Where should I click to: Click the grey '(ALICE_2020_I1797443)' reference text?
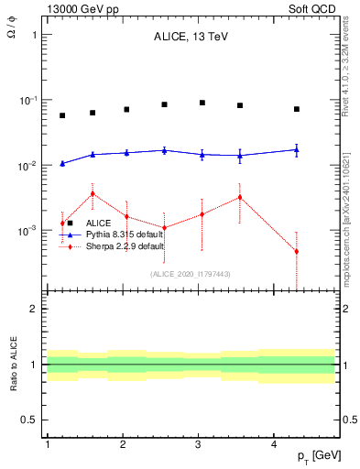click(x=190, y=274)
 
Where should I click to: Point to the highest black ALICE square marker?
click(x=202, y=103)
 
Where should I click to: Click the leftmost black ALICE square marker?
click(x=62, y=115)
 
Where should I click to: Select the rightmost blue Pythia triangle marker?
click(x=297, y=149)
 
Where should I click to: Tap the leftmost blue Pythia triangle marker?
click(x=62, y=163)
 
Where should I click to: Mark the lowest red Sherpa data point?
click(x=297, y=251)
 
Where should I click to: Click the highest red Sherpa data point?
click(x=93, y=193)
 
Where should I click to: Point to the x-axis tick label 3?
click(x=199, y=443)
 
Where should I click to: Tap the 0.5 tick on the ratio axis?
click(x=30, y=420)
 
